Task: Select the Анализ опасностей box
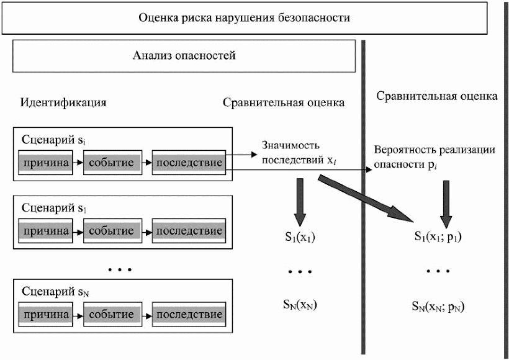click(184, 56)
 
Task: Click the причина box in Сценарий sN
click(46, 315)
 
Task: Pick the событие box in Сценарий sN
click(112, 315)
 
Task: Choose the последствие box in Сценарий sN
click(189, 315)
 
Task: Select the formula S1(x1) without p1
click(299, 237)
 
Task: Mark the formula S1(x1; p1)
click(439, 236)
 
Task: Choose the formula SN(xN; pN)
click(439, 305)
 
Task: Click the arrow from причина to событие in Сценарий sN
click(78, 315)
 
